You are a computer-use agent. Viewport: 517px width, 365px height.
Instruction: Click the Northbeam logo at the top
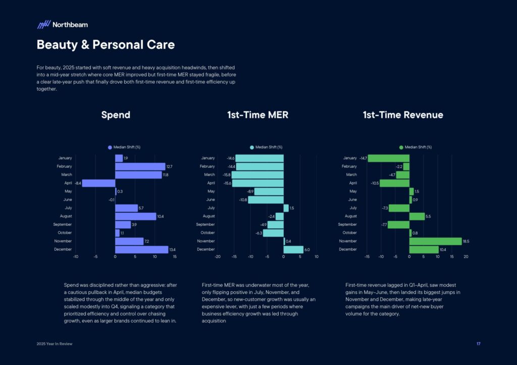click(62, 24)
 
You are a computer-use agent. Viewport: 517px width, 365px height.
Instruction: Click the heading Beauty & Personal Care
click(106, 45)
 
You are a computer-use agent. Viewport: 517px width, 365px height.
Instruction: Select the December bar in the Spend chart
click(141, 250)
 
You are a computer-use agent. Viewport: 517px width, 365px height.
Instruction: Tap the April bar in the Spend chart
click(98, 184)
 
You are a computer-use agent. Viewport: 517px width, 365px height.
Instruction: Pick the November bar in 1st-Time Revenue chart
click(435, 241)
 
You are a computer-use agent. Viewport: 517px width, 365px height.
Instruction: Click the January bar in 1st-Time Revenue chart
click(388, 158)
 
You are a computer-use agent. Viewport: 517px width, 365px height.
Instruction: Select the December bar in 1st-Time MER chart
click(293, 250)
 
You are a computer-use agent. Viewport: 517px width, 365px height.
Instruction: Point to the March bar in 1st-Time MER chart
click(257, 175)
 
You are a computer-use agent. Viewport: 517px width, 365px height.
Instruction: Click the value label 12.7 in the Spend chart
click(170, 166)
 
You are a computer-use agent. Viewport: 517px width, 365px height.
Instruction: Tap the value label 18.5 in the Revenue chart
click(466, 241)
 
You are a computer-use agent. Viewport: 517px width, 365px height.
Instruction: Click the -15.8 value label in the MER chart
click(226, 175)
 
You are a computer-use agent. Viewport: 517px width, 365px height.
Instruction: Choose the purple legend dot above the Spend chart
click(110, 147)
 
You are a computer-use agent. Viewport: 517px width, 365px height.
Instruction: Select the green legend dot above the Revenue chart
click(401, 147)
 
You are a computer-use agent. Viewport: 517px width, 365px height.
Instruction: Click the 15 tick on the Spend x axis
click(175, 257)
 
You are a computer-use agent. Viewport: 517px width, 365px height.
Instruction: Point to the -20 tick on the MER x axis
click(218, 257)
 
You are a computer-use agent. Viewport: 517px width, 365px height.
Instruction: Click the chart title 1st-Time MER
click(257, 115)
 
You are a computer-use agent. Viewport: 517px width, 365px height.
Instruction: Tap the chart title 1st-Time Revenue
click(402, 115)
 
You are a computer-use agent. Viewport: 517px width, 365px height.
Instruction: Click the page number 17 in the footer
click(478, 344)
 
